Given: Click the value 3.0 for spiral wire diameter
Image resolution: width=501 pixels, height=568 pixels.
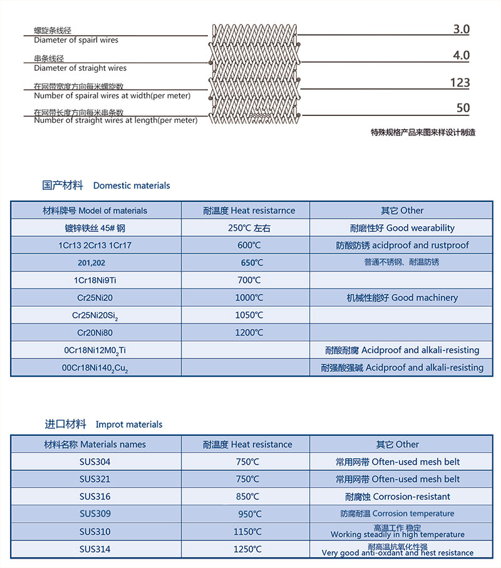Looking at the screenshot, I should tap(460, 29).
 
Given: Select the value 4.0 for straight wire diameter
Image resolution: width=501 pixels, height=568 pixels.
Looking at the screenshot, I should tap(460, 56).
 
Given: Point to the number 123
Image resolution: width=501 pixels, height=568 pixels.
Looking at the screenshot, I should tap(459, 83).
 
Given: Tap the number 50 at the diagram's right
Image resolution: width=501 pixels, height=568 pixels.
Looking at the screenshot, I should tap(463, 108).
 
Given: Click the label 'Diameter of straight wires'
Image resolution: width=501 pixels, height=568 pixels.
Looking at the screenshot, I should tap(80, 68).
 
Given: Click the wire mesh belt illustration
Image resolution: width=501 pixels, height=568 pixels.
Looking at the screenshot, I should tap(254, 72).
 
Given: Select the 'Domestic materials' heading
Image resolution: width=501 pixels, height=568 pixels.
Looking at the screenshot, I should tap(132, 186).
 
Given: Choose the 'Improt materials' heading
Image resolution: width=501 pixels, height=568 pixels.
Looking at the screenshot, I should tap(128, 424).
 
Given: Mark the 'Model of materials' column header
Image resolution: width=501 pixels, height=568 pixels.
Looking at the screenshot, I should tap(95, 211).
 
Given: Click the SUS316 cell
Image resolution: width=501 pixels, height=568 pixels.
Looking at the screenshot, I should tap(95, 497).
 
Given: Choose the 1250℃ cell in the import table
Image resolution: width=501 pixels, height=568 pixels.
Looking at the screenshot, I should tap(245, 550).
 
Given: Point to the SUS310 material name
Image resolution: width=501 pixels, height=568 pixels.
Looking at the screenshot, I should tap(95, 532).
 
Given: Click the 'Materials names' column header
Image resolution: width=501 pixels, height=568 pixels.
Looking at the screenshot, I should tap(95, 444).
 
